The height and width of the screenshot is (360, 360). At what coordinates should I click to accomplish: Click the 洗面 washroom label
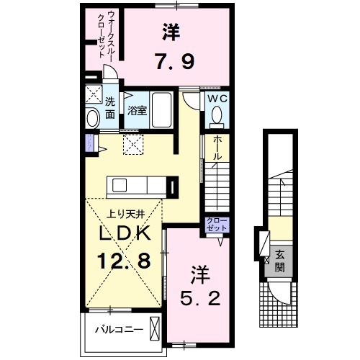(110, 107)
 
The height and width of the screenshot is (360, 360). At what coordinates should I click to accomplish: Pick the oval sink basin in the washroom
(92, 117)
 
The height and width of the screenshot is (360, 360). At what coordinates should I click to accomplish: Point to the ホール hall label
(216, 149)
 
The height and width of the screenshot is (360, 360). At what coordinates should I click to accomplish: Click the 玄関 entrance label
(279, 256)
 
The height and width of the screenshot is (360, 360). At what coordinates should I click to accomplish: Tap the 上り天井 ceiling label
(123, 212)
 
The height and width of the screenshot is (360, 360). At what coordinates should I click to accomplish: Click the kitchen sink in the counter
(120, 186)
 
